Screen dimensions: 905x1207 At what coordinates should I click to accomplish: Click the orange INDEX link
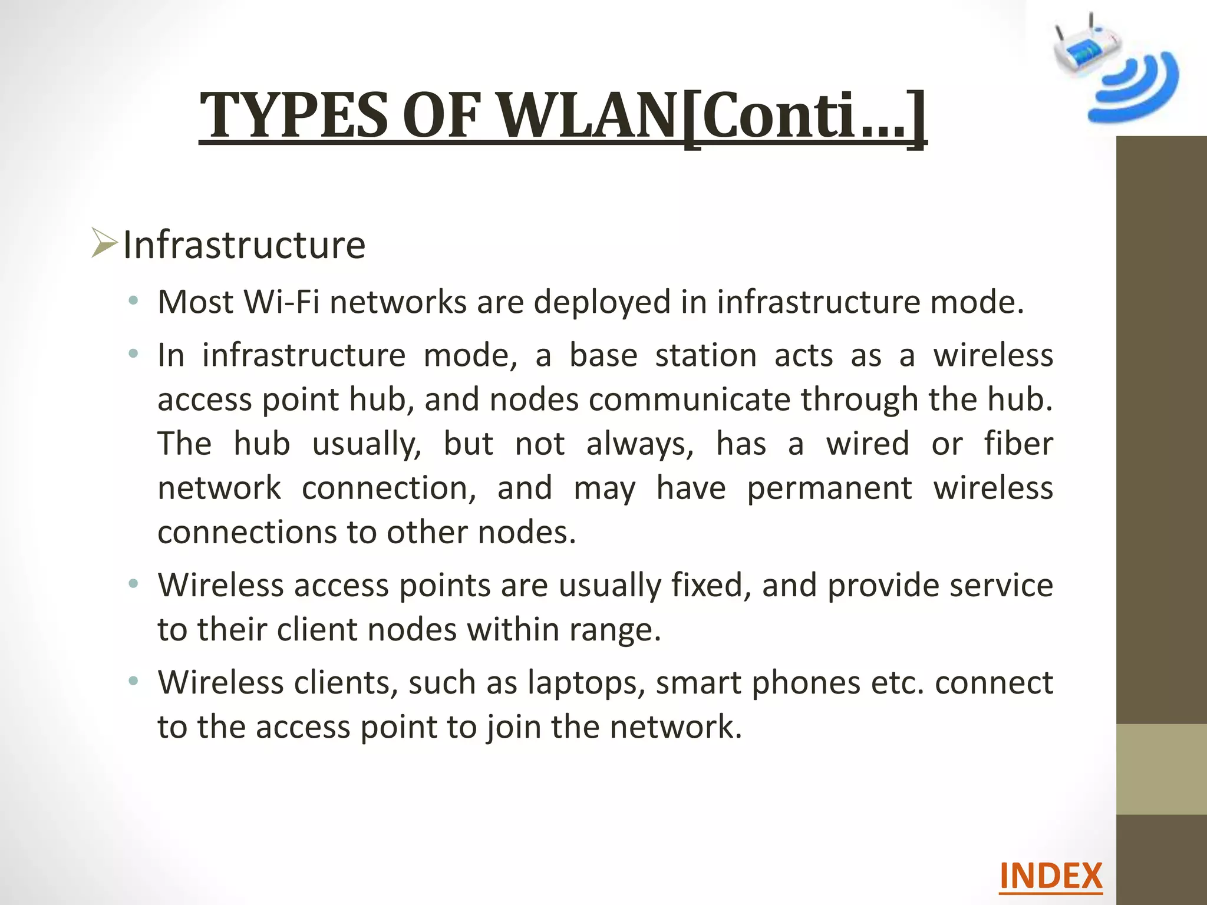1050,876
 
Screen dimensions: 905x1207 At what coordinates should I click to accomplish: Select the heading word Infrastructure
244,245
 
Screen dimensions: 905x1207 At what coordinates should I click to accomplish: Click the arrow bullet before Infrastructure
104,244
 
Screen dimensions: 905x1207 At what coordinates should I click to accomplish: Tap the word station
705,355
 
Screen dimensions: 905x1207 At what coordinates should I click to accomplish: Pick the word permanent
829,488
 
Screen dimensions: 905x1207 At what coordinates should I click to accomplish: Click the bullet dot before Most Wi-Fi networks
134,302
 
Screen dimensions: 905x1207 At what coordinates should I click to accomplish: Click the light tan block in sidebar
1161,769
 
